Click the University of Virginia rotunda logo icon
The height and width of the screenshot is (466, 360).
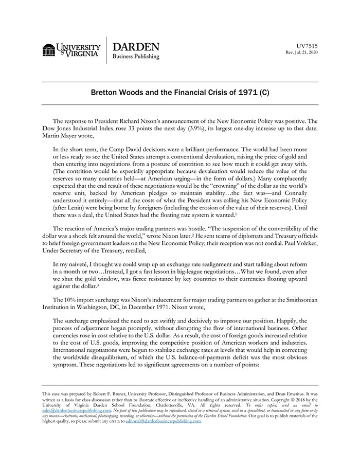coord(49,50)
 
